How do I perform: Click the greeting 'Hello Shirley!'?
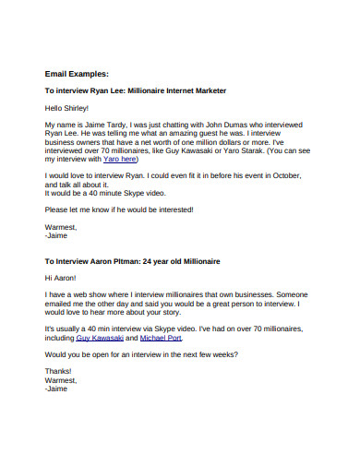(x=68, y=107)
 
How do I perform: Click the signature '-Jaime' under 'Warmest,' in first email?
(x=55, y=235)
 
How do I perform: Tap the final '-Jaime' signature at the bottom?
(x=55, y=388)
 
